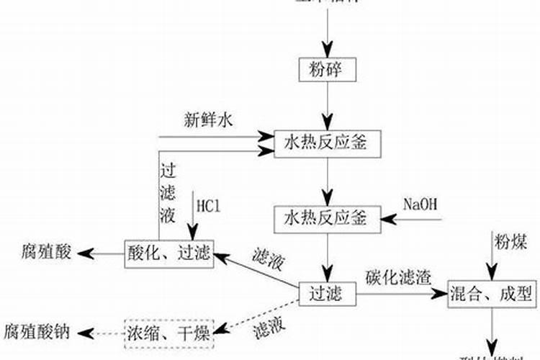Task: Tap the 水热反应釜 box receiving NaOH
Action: point(328,218)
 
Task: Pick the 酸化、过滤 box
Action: point(169,253)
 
